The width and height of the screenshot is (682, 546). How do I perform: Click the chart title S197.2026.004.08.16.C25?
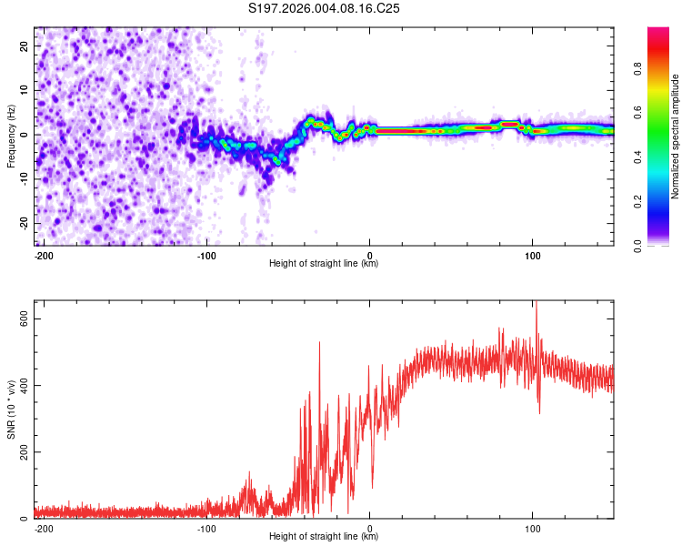[325, 8]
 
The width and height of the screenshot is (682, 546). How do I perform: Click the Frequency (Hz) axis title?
[11, 136]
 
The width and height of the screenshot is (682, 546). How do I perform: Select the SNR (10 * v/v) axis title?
[11, 409]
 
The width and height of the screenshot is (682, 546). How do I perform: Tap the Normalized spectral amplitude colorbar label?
[675, 136]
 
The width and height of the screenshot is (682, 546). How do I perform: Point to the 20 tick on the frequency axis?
[25, 45]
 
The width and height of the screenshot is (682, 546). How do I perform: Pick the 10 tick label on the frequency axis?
[25, 89]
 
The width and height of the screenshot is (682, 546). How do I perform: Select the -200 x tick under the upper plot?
[42, 254]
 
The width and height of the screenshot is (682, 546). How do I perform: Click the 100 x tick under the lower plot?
[532, 527]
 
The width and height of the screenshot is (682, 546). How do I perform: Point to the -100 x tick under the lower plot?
[206, 527]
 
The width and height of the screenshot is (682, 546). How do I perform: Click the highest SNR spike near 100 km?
[537, 303]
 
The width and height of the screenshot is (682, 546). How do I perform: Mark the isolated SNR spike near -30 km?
[320, 343]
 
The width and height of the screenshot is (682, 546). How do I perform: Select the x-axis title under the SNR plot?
[324, 537]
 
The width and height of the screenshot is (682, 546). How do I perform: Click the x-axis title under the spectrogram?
[324, 264]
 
